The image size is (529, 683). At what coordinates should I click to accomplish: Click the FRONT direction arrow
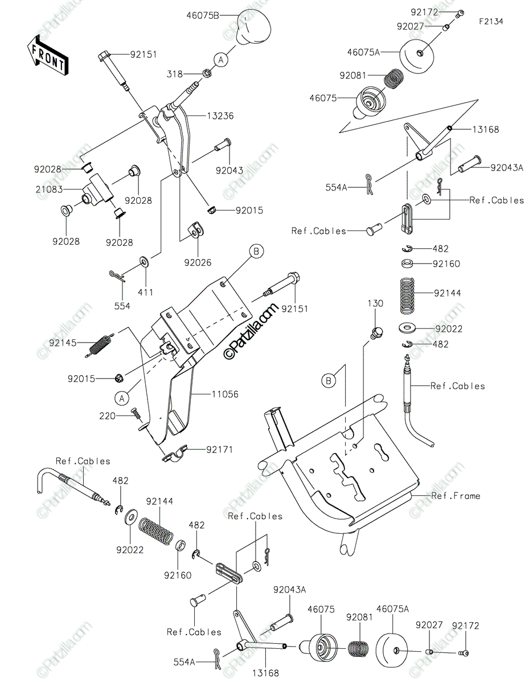tap(47, 55)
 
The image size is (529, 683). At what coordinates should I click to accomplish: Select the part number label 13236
tap(220, 116)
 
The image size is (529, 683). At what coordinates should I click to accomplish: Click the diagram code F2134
tap(491, 22)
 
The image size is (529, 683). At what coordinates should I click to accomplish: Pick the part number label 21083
tap(49, 189)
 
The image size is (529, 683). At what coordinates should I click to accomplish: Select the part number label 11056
tap(225, 394)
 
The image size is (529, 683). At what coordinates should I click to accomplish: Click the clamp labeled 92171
tap(175, 454)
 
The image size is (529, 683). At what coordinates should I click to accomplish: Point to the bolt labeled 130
tap(376, 333)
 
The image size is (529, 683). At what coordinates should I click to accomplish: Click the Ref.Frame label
tap(456, 496)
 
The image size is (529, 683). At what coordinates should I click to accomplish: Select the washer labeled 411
tap(145, 261)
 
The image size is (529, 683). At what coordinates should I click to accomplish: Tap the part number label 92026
tap(198, 262)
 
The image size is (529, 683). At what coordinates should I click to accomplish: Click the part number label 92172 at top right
tap(424, 13)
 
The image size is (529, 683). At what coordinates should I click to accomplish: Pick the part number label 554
tap(122, 306)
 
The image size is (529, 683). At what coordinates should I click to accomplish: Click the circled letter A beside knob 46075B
tap(221, 59)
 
